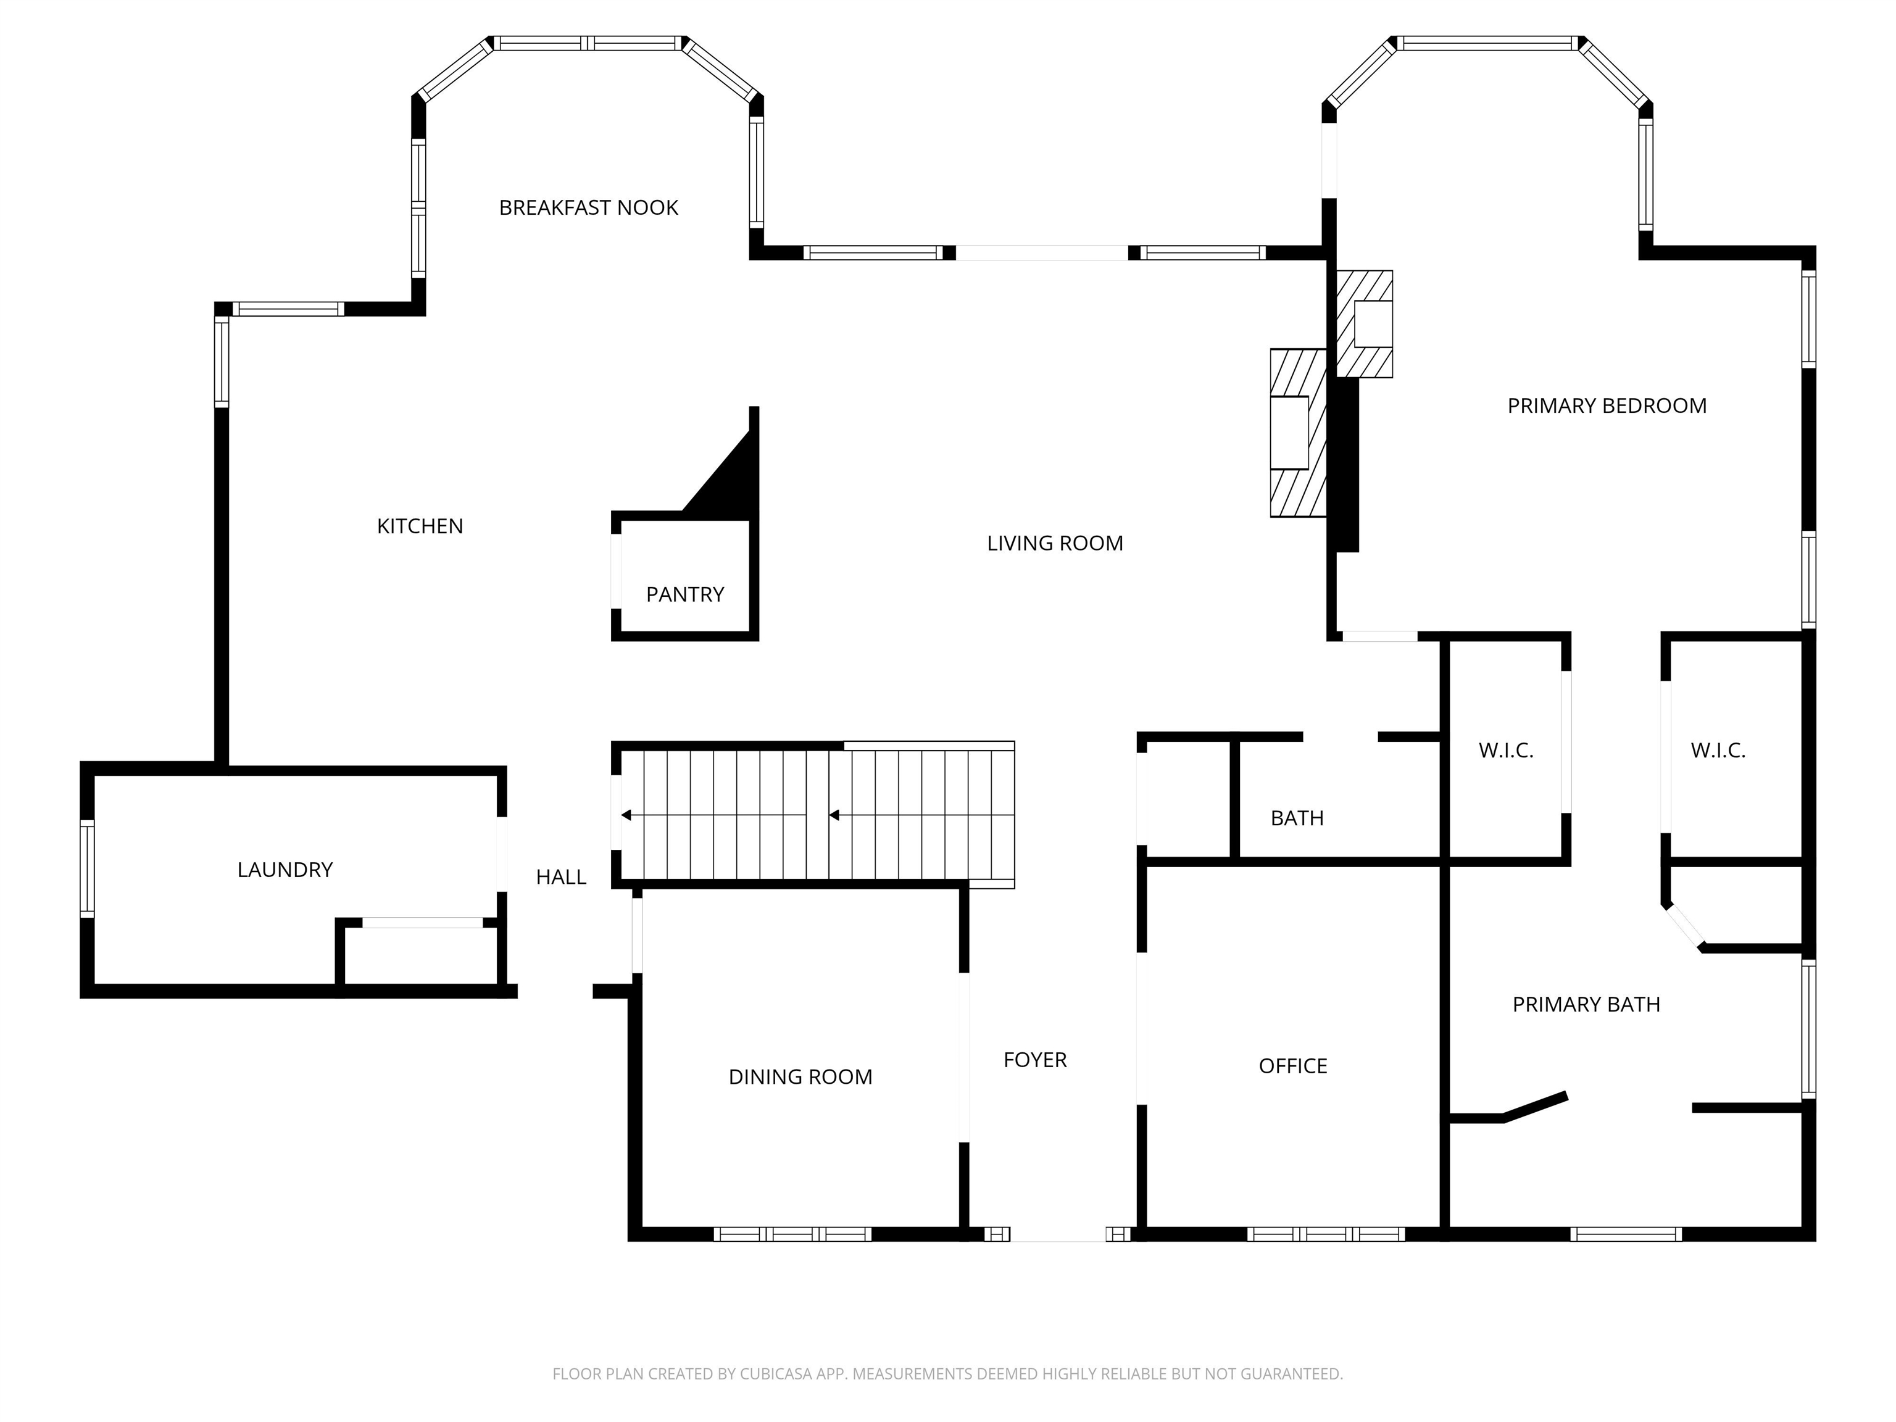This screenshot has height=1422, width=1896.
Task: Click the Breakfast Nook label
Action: (x=588, y=207)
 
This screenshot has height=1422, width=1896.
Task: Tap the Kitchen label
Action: (x=420, y=526)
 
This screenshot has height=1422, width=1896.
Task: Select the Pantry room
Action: (x=685, y=594)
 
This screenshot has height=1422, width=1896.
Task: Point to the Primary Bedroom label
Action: (x=1607, y=406)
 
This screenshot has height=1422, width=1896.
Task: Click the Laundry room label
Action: (x=285, y=870)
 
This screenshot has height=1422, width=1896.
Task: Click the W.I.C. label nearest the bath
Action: (x=1505, y=751)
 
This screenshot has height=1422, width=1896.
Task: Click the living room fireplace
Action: (x=1298, y=433)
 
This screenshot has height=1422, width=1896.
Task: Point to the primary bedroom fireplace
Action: (x=1365, y=324)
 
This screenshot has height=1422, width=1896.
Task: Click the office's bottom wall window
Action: (x=1325, y=1234)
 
